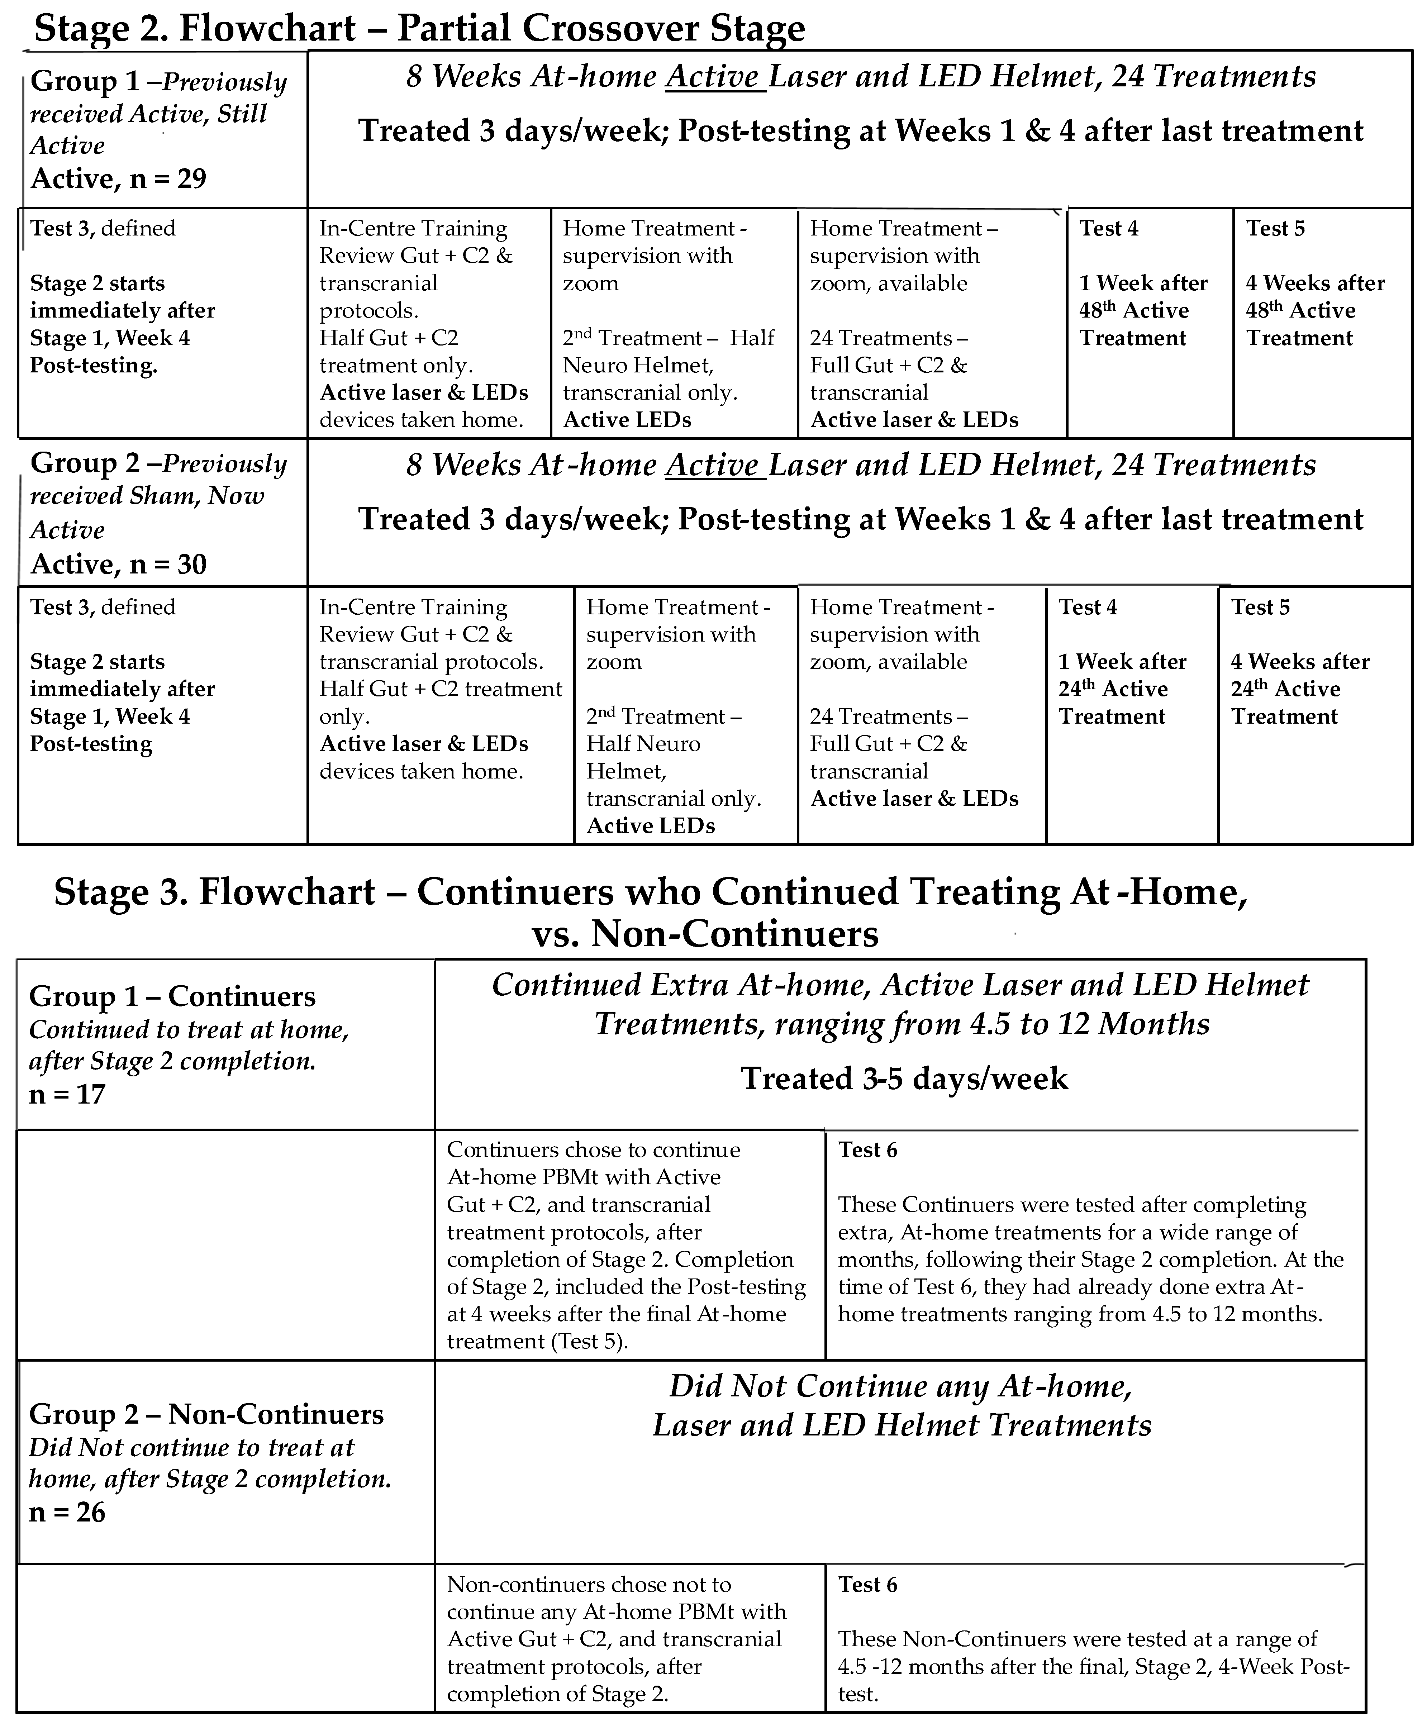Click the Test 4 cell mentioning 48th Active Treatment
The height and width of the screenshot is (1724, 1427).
[1143, 310]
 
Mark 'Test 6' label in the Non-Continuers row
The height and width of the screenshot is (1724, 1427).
[867, 1585]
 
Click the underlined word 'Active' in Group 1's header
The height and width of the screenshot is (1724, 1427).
[712, 76]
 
